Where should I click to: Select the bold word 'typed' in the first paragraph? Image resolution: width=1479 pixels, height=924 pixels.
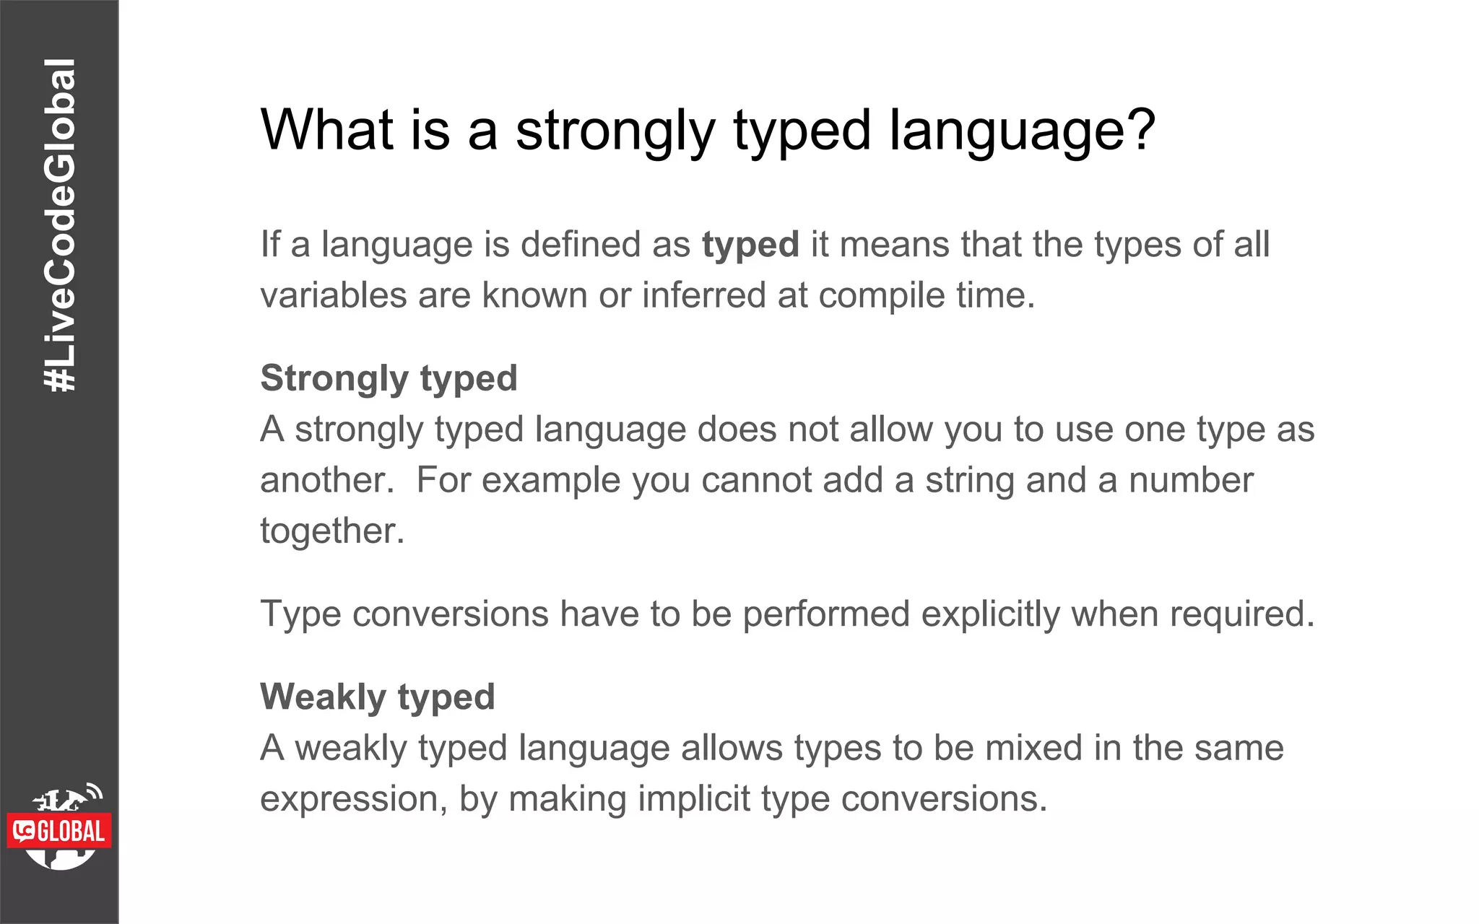(750, 244)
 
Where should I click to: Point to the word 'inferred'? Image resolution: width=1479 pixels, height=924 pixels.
(703, 295)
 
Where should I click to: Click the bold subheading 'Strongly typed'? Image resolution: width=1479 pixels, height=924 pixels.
(389, 378)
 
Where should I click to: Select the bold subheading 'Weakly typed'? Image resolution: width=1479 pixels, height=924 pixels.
(377, 697)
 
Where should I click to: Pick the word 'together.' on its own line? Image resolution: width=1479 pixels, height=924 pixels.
(332, 531)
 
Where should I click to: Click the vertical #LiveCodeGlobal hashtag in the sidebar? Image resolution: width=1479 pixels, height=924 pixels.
(59, 225)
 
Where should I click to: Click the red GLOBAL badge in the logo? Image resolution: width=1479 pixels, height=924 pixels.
(60, 832)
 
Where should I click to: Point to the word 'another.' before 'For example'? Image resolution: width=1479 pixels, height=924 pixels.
(327, 480)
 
